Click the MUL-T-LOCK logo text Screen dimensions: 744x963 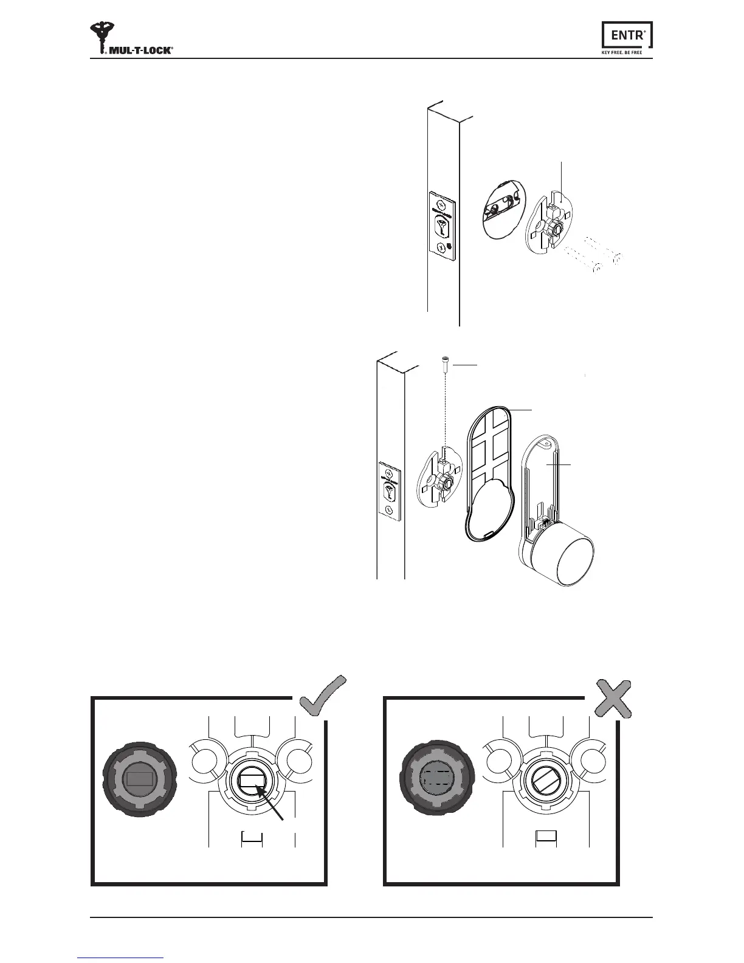pos(140,50)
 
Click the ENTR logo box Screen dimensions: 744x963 pos(627,35)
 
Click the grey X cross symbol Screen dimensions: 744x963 pos(612,698)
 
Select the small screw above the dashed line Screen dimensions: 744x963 pos(444,364)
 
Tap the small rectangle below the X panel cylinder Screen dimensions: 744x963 pos(546,836)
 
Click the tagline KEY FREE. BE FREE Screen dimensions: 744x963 pos(627,52)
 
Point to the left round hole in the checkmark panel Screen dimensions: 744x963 pos(204,761)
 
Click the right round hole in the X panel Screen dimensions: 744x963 pos(591,761)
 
